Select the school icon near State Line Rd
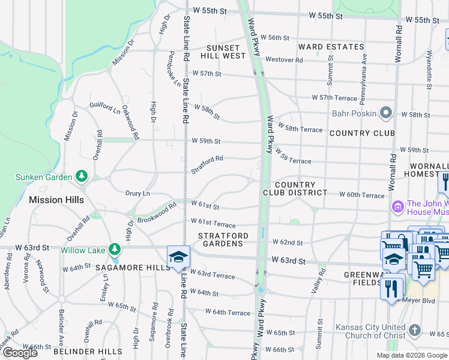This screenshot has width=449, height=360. tap(178, 257)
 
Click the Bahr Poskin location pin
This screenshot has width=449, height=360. tap(385, 113)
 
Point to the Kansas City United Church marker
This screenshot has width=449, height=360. tap(414, 331)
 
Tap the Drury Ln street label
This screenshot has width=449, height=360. tap(137, 194)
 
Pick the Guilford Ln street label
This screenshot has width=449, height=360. tap(104, 107)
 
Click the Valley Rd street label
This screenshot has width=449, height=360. tap(318, 280)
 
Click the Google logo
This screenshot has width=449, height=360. tap(19, 353)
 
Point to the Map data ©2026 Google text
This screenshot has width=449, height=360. tap(412, 355)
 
